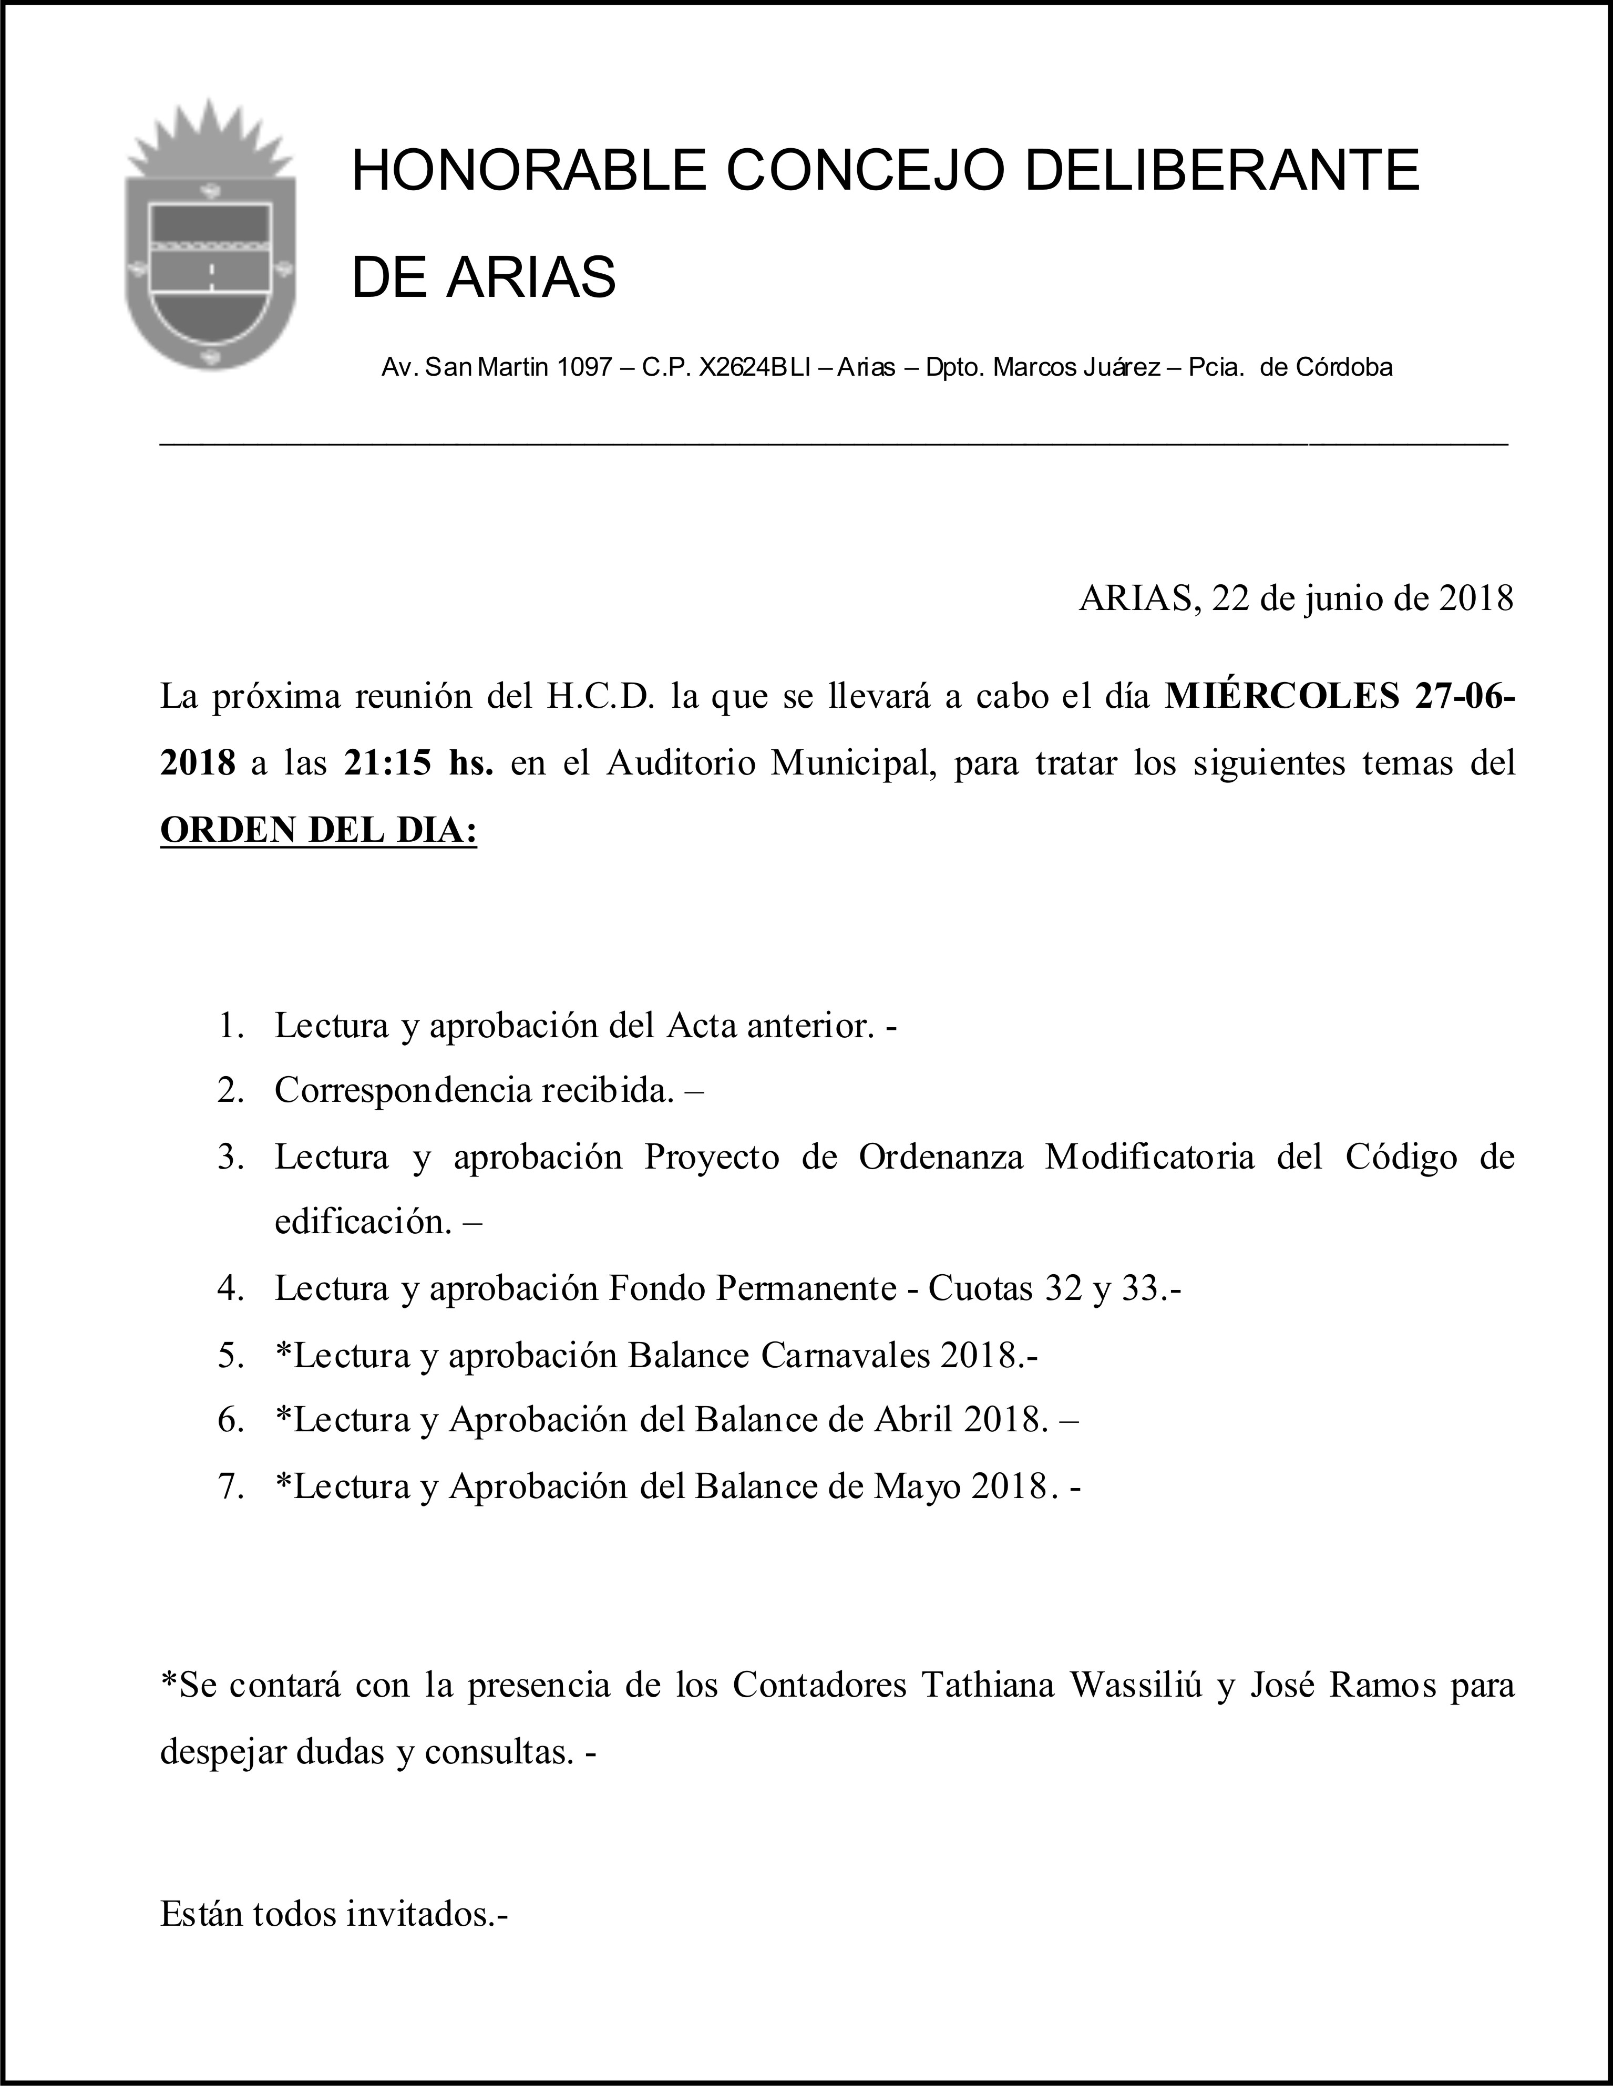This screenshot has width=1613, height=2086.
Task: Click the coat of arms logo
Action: [210, 239]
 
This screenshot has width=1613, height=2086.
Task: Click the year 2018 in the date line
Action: [1476, 599]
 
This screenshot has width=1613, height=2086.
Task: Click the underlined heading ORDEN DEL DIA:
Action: [318, 830]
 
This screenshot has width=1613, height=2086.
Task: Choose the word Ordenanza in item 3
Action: [941, 1156]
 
